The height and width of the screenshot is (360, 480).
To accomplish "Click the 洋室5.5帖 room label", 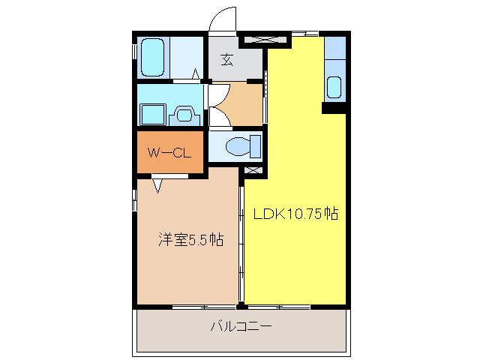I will (190, 240).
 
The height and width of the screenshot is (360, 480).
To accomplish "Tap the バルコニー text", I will (240, 327).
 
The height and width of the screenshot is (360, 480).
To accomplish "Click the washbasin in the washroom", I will (184, 115).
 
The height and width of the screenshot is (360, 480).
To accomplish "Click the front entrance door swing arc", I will (223, 19).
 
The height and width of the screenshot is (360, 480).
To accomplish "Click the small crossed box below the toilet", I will (253, 171).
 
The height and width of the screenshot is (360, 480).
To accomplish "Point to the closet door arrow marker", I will (159, 184).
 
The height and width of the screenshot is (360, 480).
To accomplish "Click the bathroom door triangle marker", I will (196, 74).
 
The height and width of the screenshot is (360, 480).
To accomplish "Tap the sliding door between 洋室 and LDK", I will (241, 240).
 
